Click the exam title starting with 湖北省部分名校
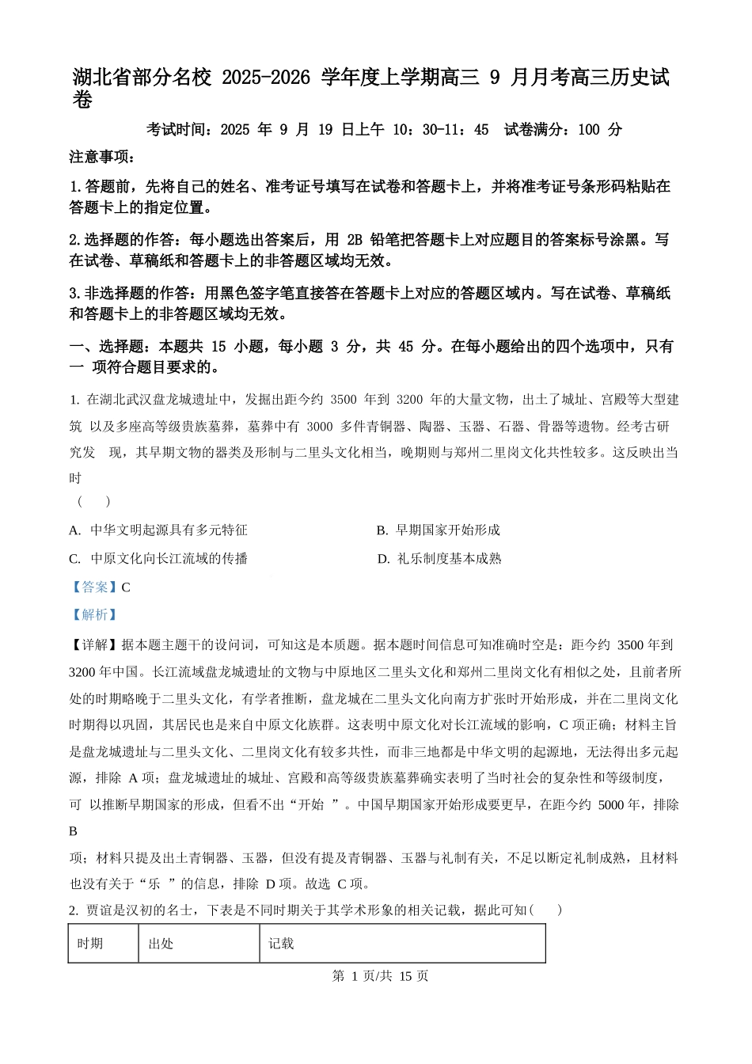[x=370, y=78]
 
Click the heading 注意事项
[x=102, y=157]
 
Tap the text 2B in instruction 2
[x=354, y=240]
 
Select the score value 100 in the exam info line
[x=588, y=130]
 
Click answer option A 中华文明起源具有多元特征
[x=158, y=530]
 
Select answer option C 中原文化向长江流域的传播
[x=158, y=559]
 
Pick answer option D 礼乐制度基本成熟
[x=439, y=559]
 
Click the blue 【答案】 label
[x=94, y=587]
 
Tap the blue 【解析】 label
[x=94, y=615]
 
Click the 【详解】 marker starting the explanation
[x=94, y=646]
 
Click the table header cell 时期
[x=90, y=944]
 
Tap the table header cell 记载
[x=281, y=944]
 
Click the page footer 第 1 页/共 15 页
[x=380, y=976]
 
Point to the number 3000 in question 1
[x=319, y=427]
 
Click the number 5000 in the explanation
[x=611, y=805]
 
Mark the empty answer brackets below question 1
[x=93, y=502]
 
